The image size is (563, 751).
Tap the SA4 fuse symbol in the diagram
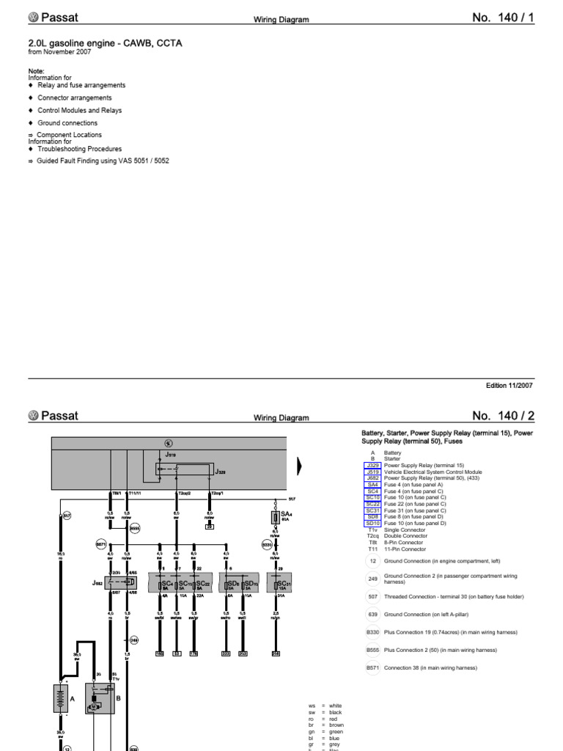pos(275,517)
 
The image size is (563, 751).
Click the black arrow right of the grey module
pos(298,465)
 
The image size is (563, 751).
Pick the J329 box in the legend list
pos(372,466)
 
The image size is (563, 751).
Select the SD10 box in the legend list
pos(372,523)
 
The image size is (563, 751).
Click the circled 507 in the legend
pos(372,596)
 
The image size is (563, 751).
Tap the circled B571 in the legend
pos(372,667)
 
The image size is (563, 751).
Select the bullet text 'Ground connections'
pos(67,123)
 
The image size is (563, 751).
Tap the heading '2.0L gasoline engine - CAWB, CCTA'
pos(105,43)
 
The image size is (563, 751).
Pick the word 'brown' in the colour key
pos(337,725)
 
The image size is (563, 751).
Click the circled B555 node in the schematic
pos(134,528)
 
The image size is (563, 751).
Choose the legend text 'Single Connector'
pos(404,530)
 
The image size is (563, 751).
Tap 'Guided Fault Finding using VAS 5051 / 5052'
pos(103,161)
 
